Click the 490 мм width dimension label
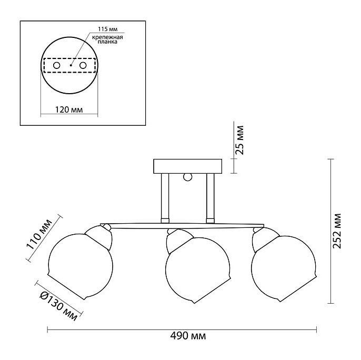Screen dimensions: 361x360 [x=188, y=336]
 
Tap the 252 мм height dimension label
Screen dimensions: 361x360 [x=337, y=231]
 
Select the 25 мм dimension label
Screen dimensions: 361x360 [x=239, y=140]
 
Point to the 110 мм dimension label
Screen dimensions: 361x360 [x=39, y=235]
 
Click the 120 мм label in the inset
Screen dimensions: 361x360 [x=68, y=109]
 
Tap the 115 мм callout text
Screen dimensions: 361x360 [x=108, y=29]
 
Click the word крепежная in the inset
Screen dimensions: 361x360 [x=107, y=37]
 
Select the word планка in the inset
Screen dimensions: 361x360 [x=107, y=42]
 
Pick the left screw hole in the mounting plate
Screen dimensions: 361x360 [x=56, y=65]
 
